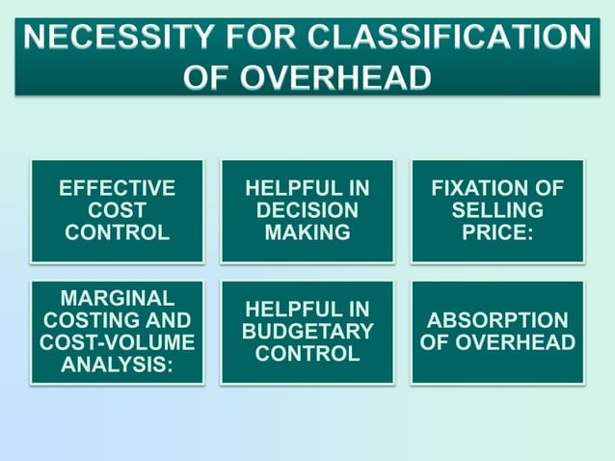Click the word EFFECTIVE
117,188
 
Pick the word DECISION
307,210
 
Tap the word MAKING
307,232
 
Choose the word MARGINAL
117,298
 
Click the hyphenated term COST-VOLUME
117,342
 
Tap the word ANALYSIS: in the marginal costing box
117,365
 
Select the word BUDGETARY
307,332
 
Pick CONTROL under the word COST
117,232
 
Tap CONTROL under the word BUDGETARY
307,354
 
